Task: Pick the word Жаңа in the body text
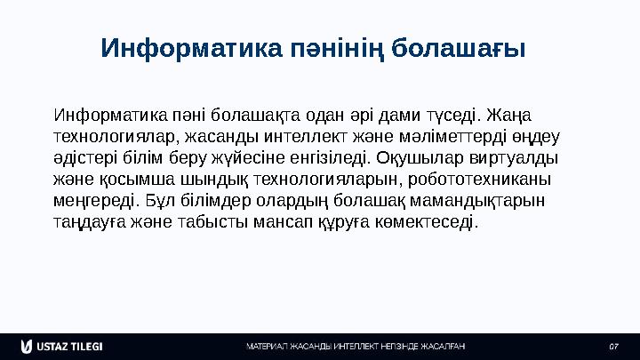click(519, 116)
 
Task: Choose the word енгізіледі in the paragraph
click(335, 158)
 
